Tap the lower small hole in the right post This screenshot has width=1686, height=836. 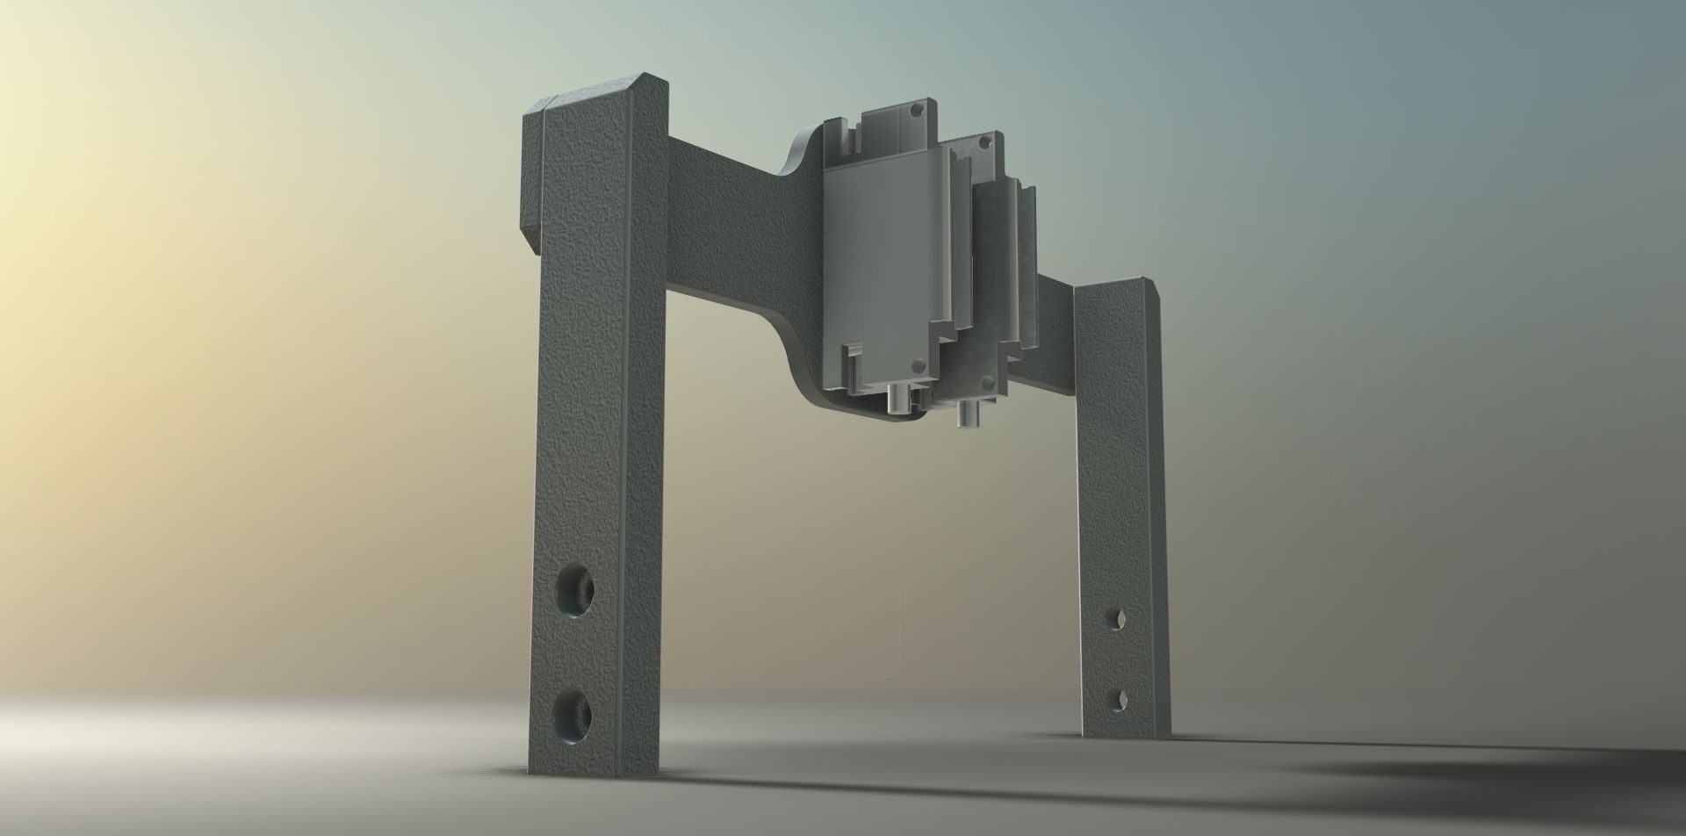[1120, 700]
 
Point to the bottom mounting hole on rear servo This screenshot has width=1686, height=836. [988, 382]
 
